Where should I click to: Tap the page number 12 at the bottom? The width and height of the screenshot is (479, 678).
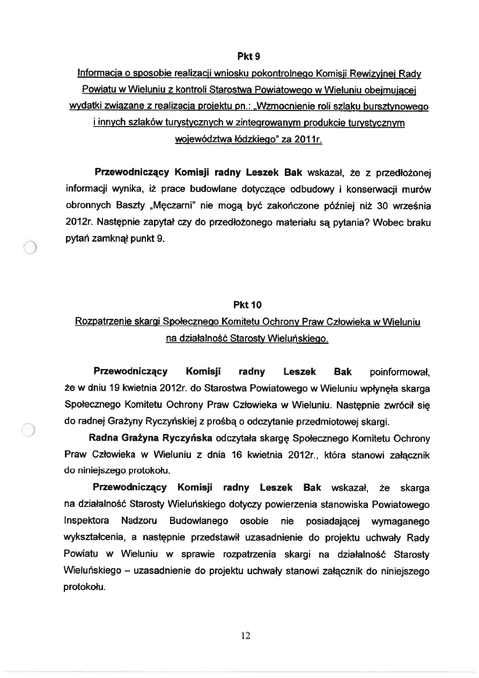[246, 636]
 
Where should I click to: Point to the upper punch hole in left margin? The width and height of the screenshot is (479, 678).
[30, 247]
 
